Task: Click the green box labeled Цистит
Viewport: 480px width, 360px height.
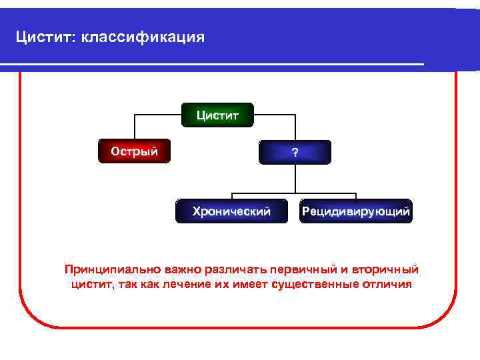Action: [x=215, y=115]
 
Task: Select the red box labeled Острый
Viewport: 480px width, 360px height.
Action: [x=135, y=151]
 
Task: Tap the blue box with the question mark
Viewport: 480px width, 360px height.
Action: [x=295, y=152]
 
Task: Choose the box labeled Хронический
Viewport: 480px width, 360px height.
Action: [x=231, y=212]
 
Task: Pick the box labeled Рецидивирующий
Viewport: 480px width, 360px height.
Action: [x=356, y=212]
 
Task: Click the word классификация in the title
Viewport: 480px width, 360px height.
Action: [x=143, y=37]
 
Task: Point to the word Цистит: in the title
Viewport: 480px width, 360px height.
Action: [x=46, y=37]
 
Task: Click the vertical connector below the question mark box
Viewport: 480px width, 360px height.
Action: [x=295, y=178]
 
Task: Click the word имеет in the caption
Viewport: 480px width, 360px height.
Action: [x=250, y=285]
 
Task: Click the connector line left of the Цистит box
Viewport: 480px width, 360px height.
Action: [x=159, y=115]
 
